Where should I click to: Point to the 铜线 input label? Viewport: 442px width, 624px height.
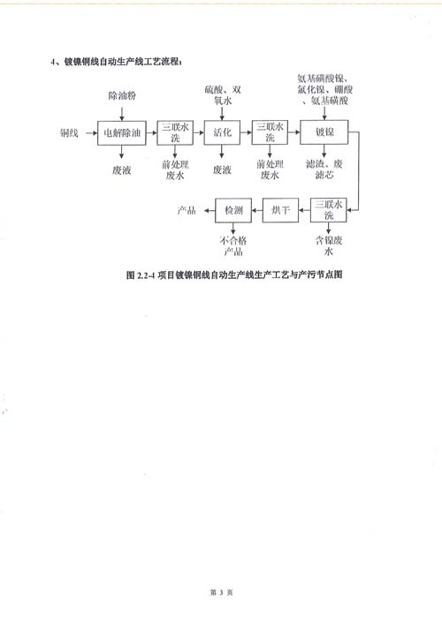tap(69, 133)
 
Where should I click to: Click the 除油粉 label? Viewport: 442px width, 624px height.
tap(122, 95)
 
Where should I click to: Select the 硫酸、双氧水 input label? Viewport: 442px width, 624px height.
tap(223, 95)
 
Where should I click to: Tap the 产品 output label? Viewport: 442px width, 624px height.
tap(187, 210)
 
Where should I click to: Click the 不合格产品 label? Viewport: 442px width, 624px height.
tap(233, 246)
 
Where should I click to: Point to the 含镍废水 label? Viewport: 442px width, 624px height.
tap(329, 245)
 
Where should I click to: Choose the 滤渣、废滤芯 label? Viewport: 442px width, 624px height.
tap(324, 169)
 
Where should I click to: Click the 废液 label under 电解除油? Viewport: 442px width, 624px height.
tap(122, 170)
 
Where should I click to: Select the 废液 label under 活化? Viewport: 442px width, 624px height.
tap(222, 170)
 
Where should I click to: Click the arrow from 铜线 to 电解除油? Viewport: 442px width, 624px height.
tap(92, 133)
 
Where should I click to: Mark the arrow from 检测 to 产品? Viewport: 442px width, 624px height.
tap(210, 210)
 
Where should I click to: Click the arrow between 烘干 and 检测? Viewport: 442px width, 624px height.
tap(257, 210)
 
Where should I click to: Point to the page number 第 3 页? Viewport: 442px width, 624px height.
tap(221, 592)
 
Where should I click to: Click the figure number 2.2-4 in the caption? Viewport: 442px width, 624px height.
tap(146, 275)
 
